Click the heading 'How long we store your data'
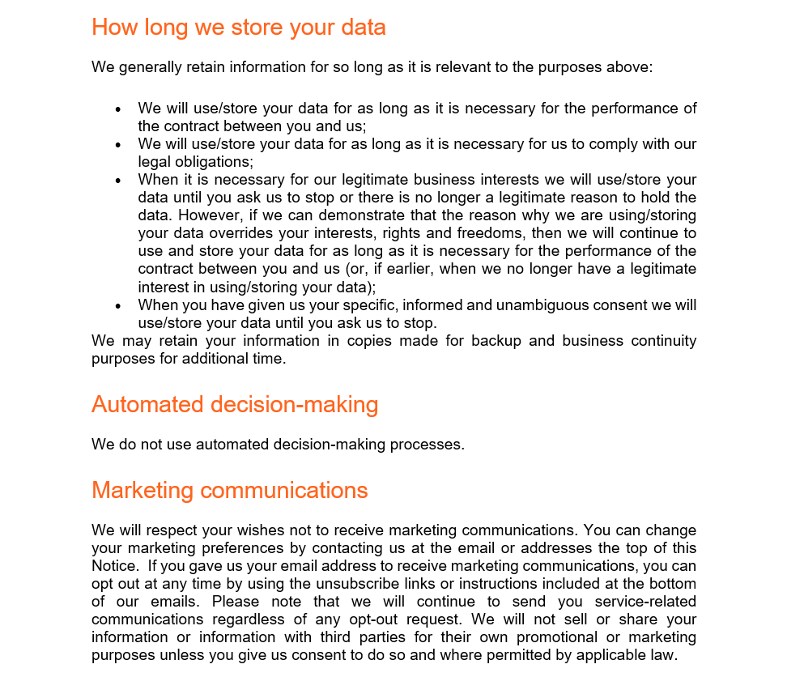238,28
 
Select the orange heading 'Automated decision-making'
235,404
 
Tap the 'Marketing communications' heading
229,490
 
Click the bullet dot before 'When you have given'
119,306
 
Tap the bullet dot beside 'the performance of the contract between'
119,109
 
